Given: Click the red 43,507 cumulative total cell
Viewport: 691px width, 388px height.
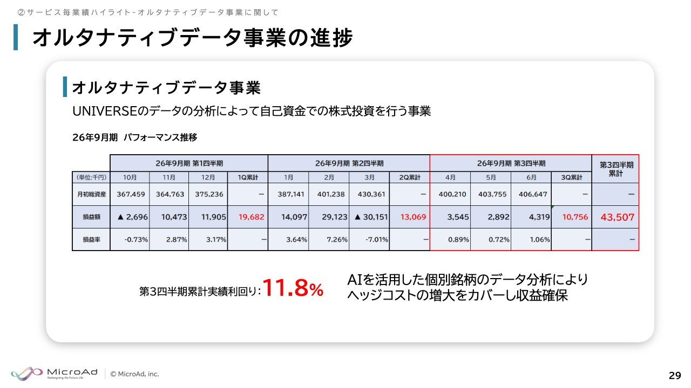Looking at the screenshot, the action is [617, 217].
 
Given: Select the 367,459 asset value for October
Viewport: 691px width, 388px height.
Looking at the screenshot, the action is [131, 195].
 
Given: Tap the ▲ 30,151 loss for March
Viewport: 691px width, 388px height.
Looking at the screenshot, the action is [371, 217].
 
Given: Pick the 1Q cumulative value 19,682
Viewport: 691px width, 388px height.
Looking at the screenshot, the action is [251, 217].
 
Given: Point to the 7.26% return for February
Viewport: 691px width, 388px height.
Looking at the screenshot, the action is [337, 239].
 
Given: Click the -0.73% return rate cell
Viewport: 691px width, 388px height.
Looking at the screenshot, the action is [136, 239].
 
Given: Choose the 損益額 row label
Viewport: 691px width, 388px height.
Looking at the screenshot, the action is [91, 217].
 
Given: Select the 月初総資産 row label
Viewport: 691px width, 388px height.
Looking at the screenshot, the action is [91, 195].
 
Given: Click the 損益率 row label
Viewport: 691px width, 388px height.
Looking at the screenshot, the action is [91, 239].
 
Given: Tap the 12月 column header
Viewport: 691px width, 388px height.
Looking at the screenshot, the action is [208, 177].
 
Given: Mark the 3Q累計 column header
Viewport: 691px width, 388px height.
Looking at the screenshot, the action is [571, 177].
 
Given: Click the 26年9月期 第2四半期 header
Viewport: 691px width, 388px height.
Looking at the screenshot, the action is [349, 163].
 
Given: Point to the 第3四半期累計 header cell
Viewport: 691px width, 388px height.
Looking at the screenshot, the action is [616, 169].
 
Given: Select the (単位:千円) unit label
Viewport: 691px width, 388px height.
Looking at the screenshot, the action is [91, 177].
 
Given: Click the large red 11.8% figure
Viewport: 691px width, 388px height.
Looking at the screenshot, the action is [293, 288].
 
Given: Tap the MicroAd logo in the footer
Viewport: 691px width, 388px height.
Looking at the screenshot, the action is [55, 373].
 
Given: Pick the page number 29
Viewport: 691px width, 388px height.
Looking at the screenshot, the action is [675, 376].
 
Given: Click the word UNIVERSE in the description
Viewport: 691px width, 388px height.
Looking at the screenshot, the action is [104, 111].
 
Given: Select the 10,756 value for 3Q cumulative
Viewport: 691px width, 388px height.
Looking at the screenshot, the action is [575, 217].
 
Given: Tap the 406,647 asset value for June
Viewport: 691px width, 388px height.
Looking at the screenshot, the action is [533, 195].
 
